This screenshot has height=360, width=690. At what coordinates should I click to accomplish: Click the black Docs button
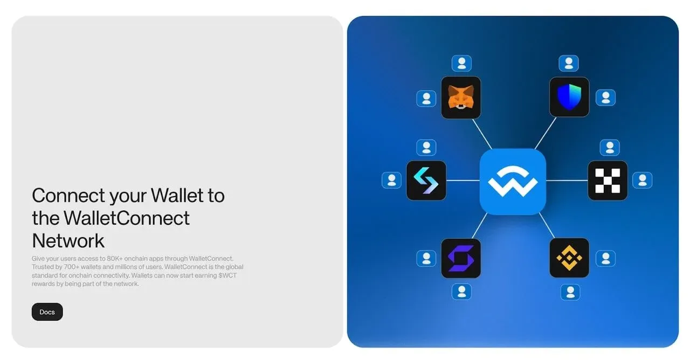pyautogui.click(x=47, y=312)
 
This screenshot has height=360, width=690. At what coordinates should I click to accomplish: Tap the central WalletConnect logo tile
pyautogui.click(x=513, y=182)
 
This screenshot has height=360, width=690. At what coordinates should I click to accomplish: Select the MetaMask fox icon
pyautogui.click(x=461, y=98)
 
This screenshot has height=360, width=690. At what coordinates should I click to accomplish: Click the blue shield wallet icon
pyautogui.click(x=569, y=97)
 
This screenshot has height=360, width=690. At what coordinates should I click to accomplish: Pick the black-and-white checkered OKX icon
pyautogui.click(x=608, y=181)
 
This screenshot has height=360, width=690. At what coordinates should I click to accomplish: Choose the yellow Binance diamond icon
pyautogui.click(x=569, y=258)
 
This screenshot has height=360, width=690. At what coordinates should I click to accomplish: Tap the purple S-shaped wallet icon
pyautogui.click(x=461, y=258)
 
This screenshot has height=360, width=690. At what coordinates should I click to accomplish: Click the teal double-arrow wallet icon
pyautogui.click(x=426, y=181)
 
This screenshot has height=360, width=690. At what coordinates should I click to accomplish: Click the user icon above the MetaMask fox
pyautogui.click(x=461, y=64)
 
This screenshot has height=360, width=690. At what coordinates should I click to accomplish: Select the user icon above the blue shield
pyautogui.click(x=569, y=64)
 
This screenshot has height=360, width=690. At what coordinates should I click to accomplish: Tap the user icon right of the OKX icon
pyautogui.click(x=642, y=180)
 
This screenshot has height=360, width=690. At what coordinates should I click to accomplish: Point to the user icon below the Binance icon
pyautogui.click(x=570, y=292)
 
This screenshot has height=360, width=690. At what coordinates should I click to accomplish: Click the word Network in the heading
pyautogui.click(x=68, y=240)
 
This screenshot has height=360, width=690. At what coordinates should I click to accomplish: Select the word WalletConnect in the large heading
pyautogui.click(x=127, y=218)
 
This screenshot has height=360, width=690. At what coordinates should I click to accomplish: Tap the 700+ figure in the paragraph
pyautogui.click(x=79, y=267)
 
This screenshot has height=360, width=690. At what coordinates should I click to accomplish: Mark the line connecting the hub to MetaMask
pyautogui.click(x=482, y=134)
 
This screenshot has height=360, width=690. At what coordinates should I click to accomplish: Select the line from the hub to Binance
pyautogui.click(x=547, y=226)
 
